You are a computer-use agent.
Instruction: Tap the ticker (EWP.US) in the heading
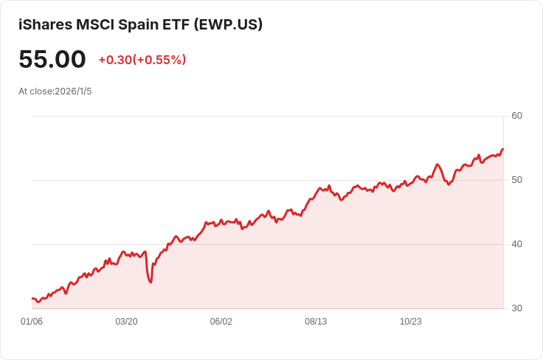coord(228,25)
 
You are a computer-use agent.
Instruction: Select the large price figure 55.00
coord(52,59)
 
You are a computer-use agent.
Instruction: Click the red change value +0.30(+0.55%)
coord(142,60)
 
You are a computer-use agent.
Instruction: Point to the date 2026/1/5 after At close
coord(73,91)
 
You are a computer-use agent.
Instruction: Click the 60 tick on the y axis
coord(516,116)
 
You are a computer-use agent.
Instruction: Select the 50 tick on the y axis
coord(516,180)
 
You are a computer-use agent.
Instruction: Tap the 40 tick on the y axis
coord(516,244)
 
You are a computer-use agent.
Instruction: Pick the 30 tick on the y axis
coord(516,308)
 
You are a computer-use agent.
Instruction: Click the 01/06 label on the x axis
coord(32,322)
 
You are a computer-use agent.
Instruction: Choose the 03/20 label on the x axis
coord(126,322)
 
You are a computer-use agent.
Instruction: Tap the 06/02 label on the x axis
coord(221,322)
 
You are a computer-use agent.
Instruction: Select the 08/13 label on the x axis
coord(316,322)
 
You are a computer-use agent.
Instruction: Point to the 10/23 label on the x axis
coord(411,322)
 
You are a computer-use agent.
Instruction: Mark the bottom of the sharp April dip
coord(151,282)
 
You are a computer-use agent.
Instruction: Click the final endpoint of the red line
coord(503,149)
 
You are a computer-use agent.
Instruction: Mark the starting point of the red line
coord(32,298)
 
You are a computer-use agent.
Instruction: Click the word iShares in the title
coord(45,25)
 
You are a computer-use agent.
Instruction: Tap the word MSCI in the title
coord(95,25)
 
